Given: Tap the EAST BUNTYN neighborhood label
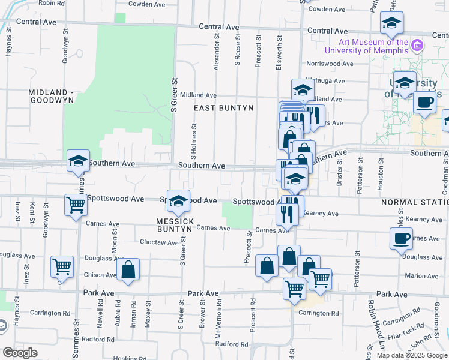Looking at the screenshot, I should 224,108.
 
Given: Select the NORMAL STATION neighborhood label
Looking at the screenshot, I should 414,203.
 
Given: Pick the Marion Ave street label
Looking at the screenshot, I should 421,276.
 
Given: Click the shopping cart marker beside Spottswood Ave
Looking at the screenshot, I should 76,205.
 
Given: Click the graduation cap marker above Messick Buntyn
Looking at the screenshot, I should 178,202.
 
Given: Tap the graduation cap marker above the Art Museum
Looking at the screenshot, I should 391,23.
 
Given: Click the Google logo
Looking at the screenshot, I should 20,353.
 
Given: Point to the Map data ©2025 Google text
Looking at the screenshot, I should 412,355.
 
